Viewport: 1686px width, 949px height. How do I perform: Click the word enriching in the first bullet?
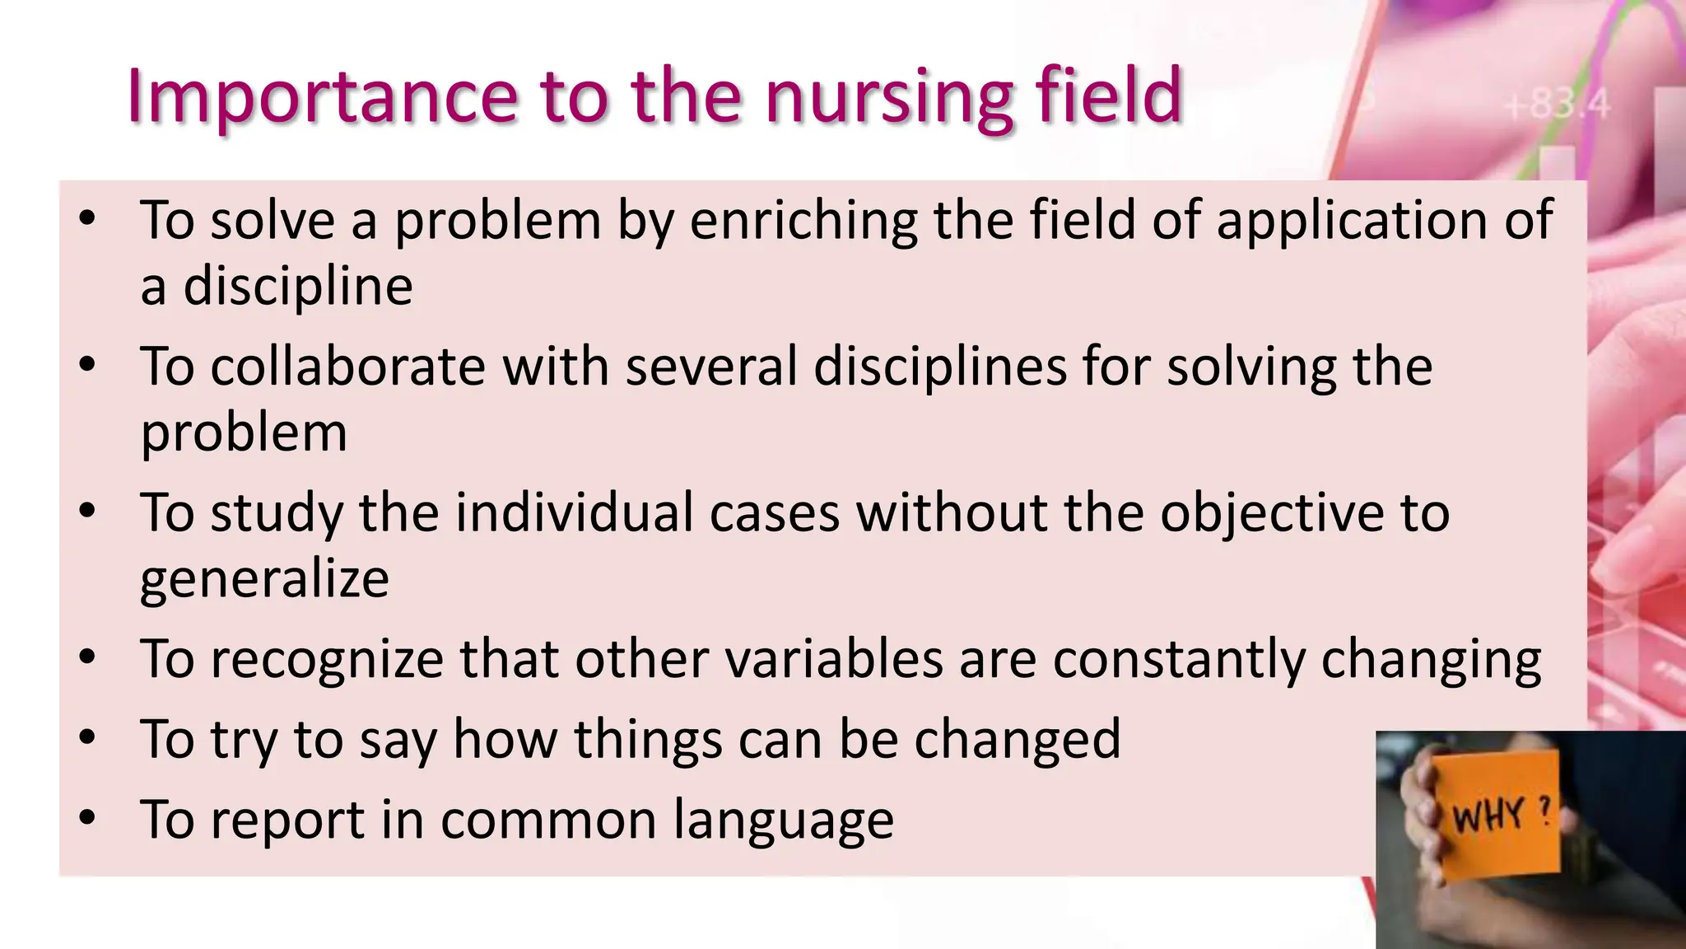coord(803,221)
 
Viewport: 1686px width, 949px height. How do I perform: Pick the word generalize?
coord(264,578)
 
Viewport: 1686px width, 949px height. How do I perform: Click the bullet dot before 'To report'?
coord(88,819)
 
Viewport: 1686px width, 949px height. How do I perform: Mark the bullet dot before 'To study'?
coord(88,512)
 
